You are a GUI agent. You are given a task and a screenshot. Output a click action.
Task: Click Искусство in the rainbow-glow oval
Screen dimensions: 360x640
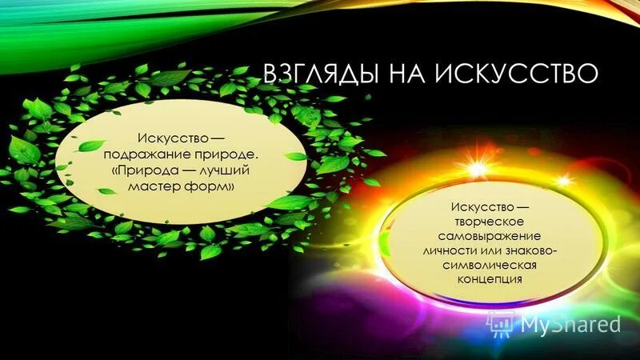click(x=477, y=208)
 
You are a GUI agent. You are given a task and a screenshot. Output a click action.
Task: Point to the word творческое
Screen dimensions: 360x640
click(x=486, y=222)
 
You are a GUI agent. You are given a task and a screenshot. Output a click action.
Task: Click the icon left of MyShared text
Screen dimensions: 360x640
click(x=503, y=323)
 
